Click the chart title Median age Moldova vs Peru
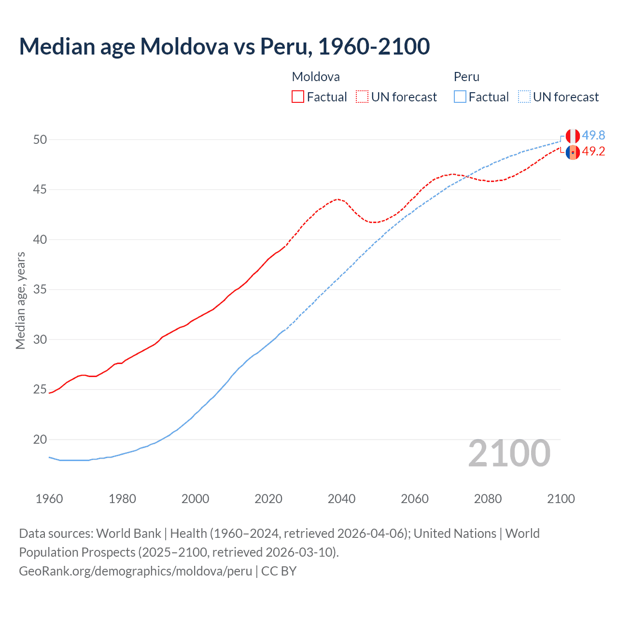tap(224, 47)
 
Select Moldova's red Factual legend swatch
tap(298, 97)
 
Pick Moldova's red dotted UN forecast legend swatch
tap(362, 97)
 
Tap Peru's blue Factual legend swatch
tap(460, 97)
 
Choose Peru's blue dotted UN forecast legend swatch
tap(524, 97)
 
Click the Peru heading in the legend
tap(466, 77)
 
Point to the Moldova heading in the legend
tap(316, 77)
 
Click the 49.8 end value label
tap(593, 136)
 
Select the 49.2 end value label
tap(593, 152)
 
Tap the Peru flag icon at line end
tap(573, 136)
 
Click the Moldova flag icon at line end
tap(573, 152)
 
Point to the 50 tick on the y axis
tap(40, 140)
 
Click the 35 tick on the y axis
tap(40, 290)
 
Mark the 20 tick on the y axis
tap(40, 439)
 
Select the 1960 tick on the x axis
tap(49, 499)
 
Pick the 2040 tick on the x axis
tap(341, 499)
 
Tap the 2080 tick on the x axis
tap(488, 499)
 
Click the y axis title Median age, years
tap(20, 300)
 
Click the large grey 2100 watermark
tap(509, 453)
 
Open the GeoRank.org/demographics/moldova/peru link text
tap(135, 571)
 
